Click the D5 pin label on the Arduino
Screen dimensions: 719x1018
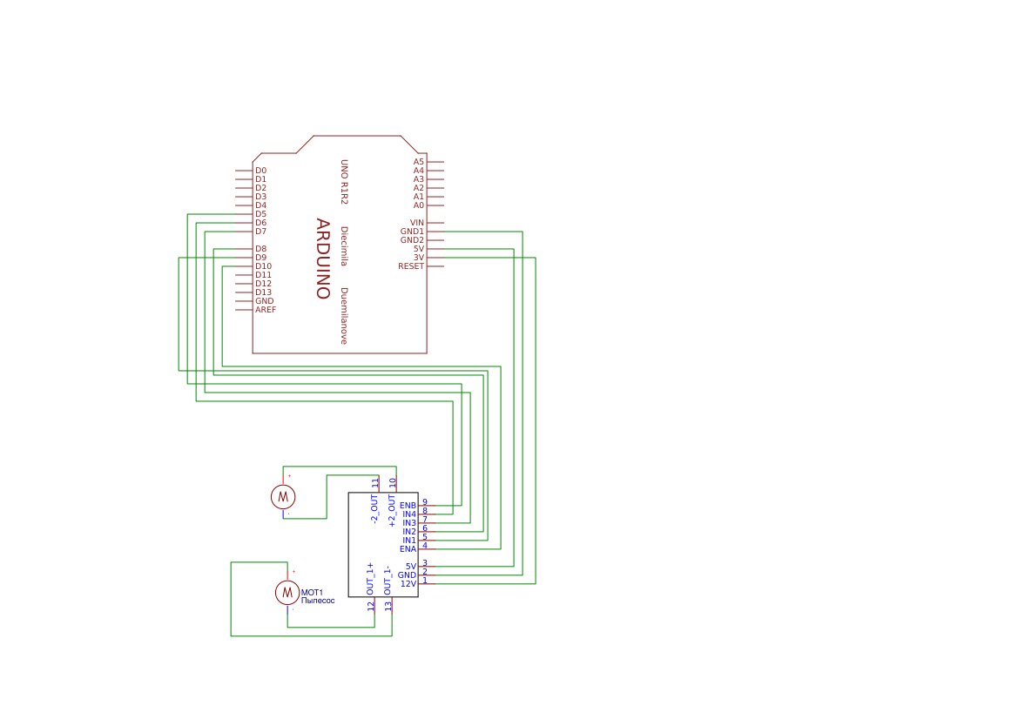pyautogui.click(x=260, y=214)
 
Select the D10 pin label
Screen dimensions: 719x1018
pyautogui.click(x=263, y=266)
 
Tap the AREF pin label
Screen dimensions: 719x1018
pyautogui.click(x=266, y=310)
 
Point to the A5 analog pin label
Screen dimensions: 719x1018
pyautogui.click(x=418, y=162)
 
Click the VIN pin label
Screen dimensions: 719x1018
pyautogui.click(x=417, y=223)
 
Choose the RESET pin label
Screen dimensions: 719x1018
pyautogui.click(x=411, y=266)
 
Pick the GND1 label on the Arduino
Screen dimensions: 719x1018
pyautogui.click(x=412, y=232)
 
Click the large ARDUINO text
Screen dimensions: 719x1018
pyautogui.click(x=322, y=259)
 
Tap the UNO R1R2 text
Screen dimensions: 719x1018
pyautogui.click(x=344, y=181)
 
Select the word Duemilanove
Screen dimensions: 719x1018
pyautogui.click(x=344, y=316)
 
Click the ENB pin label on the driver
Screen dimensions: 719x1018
pyautogui.click(x=408, y=506)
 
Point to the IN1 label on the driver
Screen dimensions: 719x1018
pyautogui.click(x=409, y=541)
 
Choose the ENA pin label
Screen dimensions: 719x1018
pyautogui.click(x=408, y=549)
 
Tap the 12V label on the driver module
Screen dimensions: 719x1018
pyautogui.click(x=408, y=584)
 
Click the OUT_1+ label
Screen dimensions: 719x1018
pyautogui.click(x=371, y=579)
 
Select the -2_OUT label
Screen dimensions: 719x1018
pyautogui.click(x=374, y=508)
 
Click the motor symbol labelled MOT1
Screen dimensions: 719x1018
pyautogui.click(x=287, y=593)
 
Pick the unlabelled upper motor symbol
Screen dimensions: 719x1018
pyautogui.click(x=283, y=496)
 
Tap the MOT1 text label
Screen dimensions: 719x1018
pyautogui.click(x=312, y=593)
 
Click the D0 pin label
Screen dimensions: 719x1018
pyautogui.click(x=260, y=171)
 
